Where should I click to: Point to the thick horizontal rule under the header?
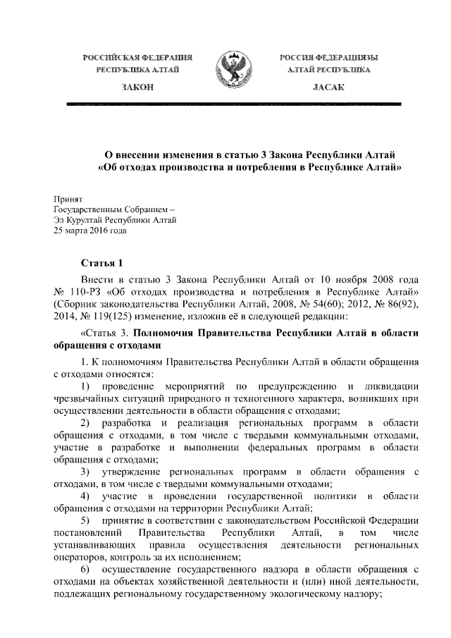(x=233, y=104)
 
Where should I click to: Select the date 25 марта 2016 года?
(x=89, y=231)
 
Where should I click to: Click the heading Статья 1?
(x=102, y=264)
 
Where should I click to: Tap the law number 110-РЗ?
(x=90, y=292)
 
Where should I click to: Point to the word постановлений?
(x=89, y=532)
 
